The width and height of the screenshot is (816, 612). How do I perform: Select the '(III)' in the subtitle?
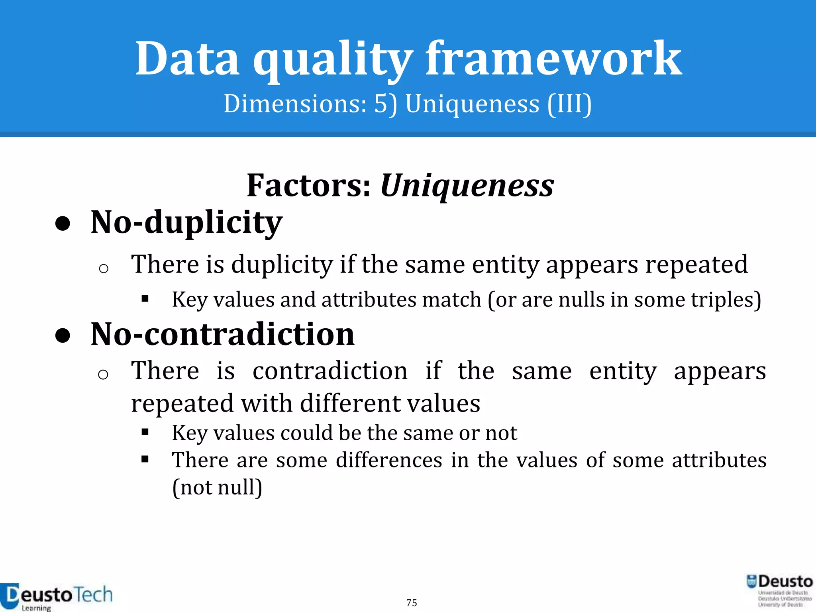[569, 104]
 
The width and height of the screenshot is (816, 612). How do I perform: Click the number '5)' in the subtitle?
[385, 104]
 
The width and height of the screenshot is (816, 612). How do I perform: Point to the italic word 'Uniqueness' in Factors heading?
[467, 186]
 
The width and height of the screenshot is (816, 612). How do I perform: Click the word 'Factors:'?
[309, 186]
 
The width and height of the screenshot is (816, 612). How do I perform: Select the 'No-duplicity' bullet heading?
[186, 222]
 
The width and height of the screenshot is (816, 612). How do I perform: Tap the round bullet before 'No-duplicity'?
[63, 224]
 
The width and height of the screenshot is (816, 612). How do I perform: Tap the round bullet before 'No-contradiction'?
[63, 335]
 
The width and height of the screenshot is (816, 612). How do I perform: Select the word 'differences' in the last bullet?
[389, 460]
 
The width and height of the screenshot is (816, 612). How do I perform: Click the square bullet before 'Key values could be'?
[145, 432]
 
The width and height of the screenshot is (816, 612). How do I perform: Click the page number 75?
[412, 602]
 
